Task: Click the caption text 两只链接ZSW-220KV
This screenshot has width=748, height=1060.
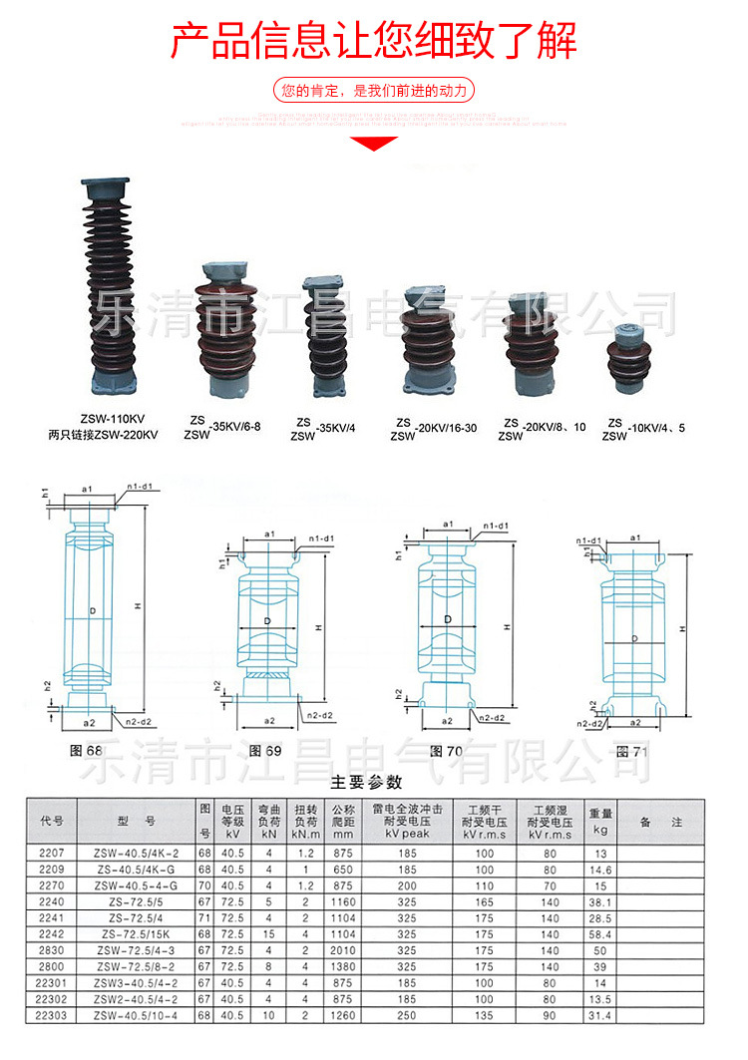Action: pyautogui.click(x=103, y=435)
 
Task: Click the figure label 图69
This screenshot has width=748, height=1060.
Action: pyautogui.click(x=265, y=750)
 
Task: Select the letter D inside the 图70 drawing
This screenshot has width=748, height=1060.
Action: pyautogui.click(x=448, y=619)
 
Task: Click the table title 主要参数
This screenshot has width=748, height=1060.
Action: pyautogui.click(x=366, y=781)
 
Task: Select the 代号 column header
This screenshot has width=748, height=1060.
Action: pyautogui.click(x=52, y=822)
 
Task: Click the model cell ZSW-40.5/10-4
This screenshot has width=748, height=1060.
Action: pyautogui.click(x=136, y=1015)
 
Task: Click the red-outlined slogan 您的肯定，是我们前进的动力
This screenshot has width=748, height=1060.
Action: pyautogui.click(x=374, y=91)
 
